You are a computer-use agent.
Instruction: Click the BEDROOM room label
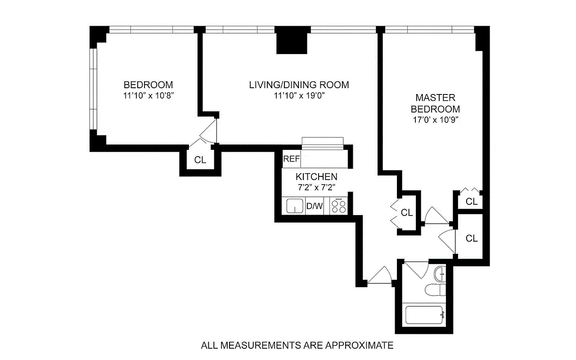148,85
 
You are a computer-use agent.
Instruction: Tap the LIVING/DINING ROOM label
299,85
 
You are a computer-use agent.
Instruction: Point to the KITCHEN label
316,177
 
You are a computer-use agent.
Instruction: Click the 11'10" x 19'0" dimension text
299,95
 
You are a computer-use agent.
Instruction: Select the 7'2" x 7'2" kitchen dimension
316,187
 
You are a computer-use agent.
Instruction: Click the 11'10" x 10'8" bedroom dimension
148,95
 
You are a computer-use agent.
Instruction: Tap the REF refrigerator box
291,159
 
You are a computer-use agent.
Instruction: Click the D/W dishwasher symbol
315,207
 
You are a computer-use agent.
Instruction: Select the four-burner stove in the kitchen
338,207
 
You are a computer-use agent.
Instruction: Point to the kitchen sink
295,206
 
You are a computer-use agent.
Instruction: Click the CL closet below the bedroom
200,160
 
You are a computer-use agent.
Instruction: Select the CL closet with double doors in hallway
407,212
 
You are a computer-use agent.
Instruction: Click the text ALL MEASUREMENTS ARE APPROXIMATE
297,346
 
